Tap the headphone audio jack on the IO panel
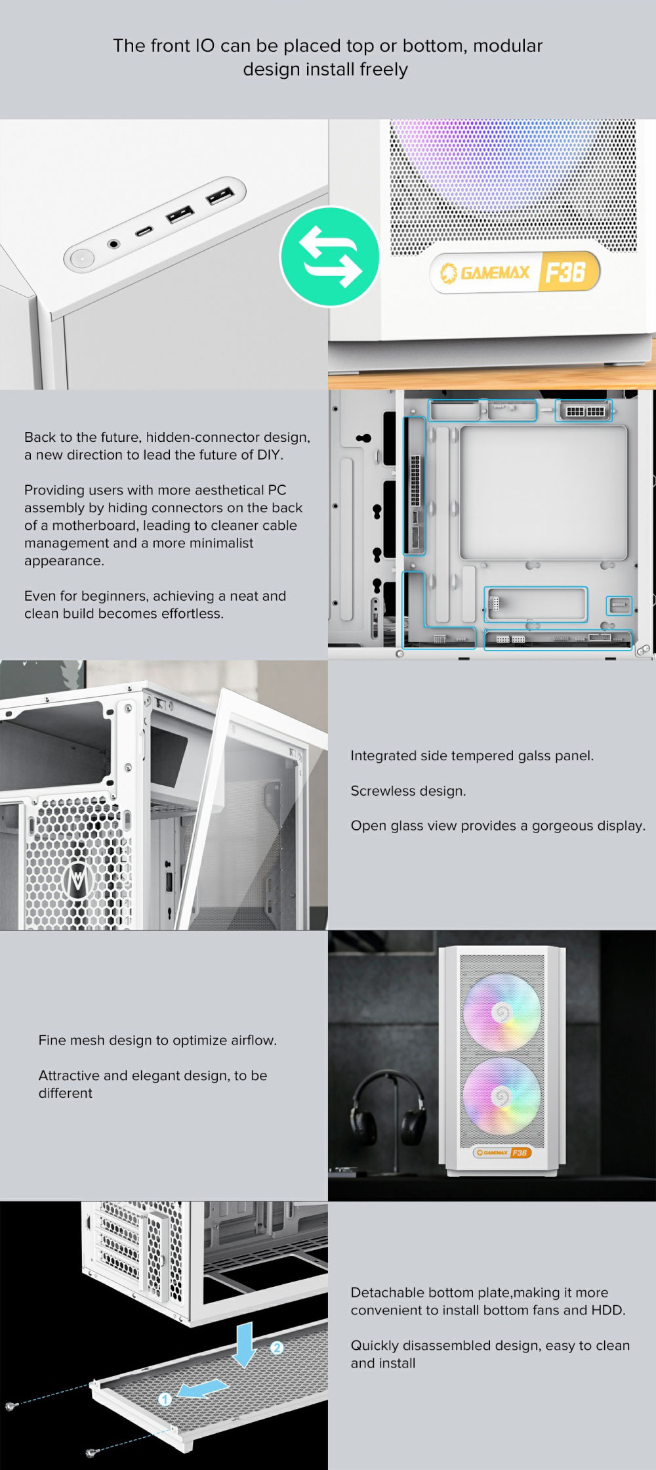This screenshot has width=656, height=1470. click(x=114, y=244)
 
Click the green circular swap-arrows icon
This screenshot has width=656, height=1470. click(x=330, y=256)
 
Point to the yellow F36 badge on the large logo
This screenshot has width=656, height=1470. click(x=567, y=270)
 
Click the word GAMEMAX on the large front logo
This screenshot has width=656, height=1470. click(x=494, y=272)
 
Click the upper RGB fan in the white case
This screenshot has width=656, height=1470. click(x=502, y=1013)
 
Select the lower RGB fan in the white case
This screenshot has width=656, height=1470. click(x=502, y=1096)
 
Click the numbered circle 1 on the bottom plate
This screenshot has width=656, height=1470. click(x=165, y=1398)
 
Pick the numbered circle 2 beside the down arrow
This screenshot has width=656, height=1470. click(x=277, y=1347)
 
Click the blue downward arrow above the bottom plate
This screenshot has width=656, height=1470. click(x=245, y=1344)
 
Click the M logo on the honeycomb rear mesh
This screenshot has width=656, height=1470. click(x=79, y=879)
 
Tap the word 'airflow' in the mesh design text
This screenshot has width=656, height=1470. click(x=252, y=1040)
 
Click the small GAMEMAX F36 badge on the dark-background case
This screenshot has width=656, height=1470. click(x=502, y=1152)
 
